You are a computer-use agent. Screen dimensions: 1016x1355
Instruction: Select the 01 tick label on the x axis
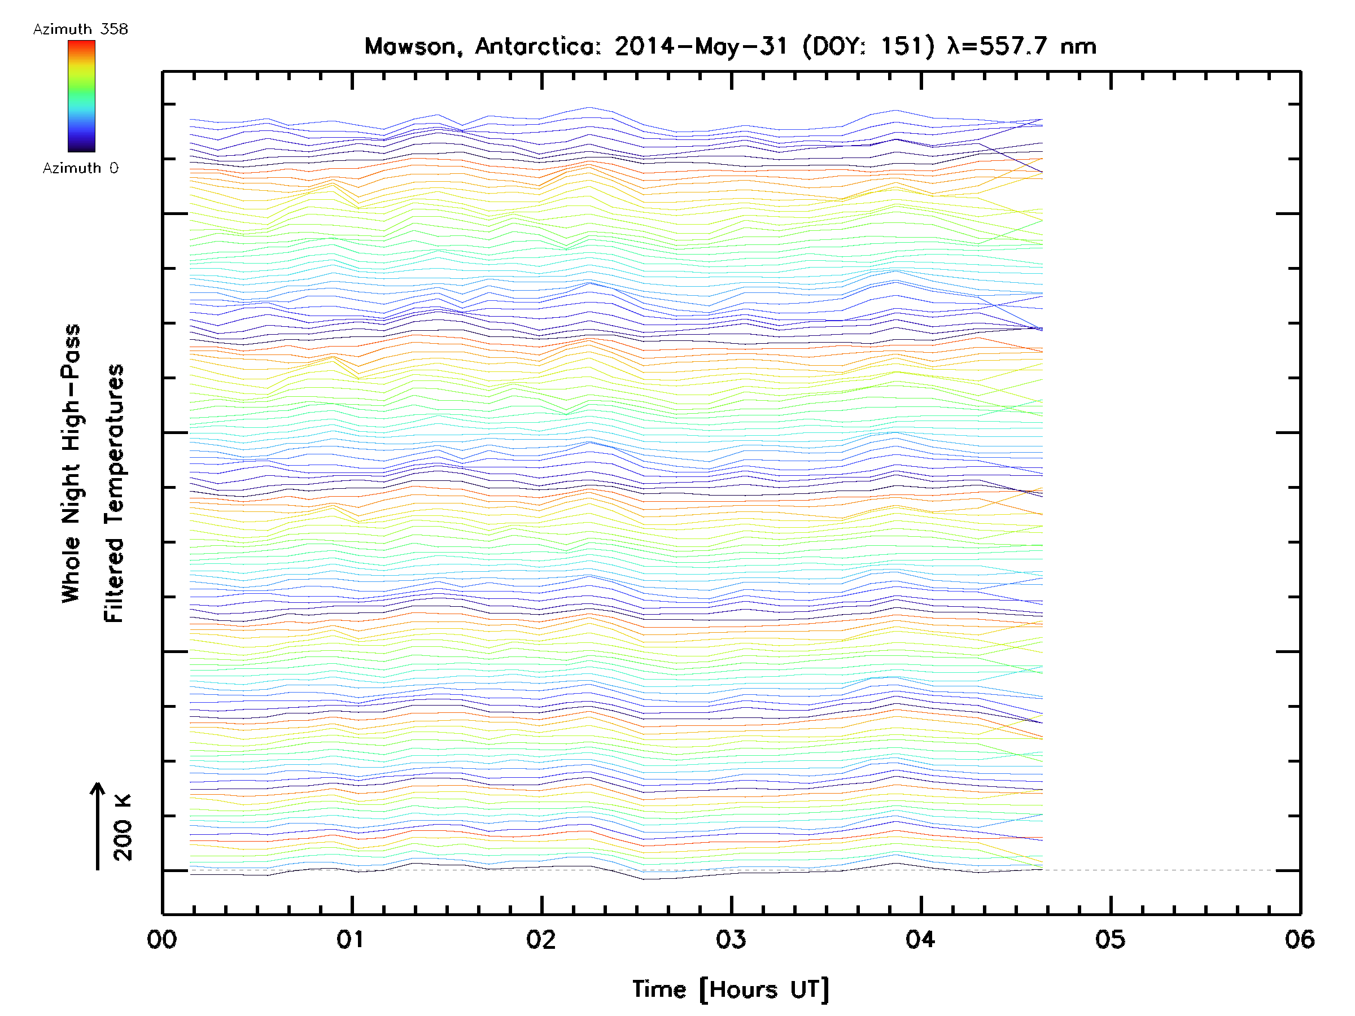click(351, 939)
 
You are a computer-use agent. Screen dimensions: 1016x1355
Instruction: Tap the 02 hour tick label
click(541, 939)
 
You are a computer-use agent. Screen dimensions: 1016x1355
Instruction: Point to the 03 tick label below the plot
click(731, 939)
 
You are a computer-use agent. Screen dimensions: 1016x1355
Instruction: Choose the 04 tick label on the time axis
click(920, 939)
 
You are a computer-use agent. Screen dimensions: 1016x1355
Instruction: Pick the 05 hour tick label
click(1110, 939)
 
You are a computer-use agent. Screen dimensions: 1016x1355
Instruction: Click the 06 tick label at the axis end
click(1299, 939)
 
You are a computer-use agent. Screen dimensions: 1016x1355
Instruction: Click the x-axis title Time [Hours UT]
click(731, 989)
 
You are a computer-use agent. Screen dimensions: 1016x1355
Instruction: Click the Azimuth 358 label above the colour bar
click(80, 29)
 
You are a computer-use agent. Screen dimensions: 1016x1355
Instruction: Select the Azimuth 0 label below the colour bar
click(80, 168)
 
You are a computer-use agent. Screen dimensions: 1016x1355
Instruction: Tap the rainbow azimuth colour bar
click(81, 96)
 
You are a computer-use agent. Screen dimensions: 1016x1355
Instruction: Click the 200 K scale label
click(123, 827)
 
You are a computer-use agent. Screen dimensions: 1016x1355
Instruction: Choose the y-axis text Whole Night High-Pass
click(71, 463)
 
